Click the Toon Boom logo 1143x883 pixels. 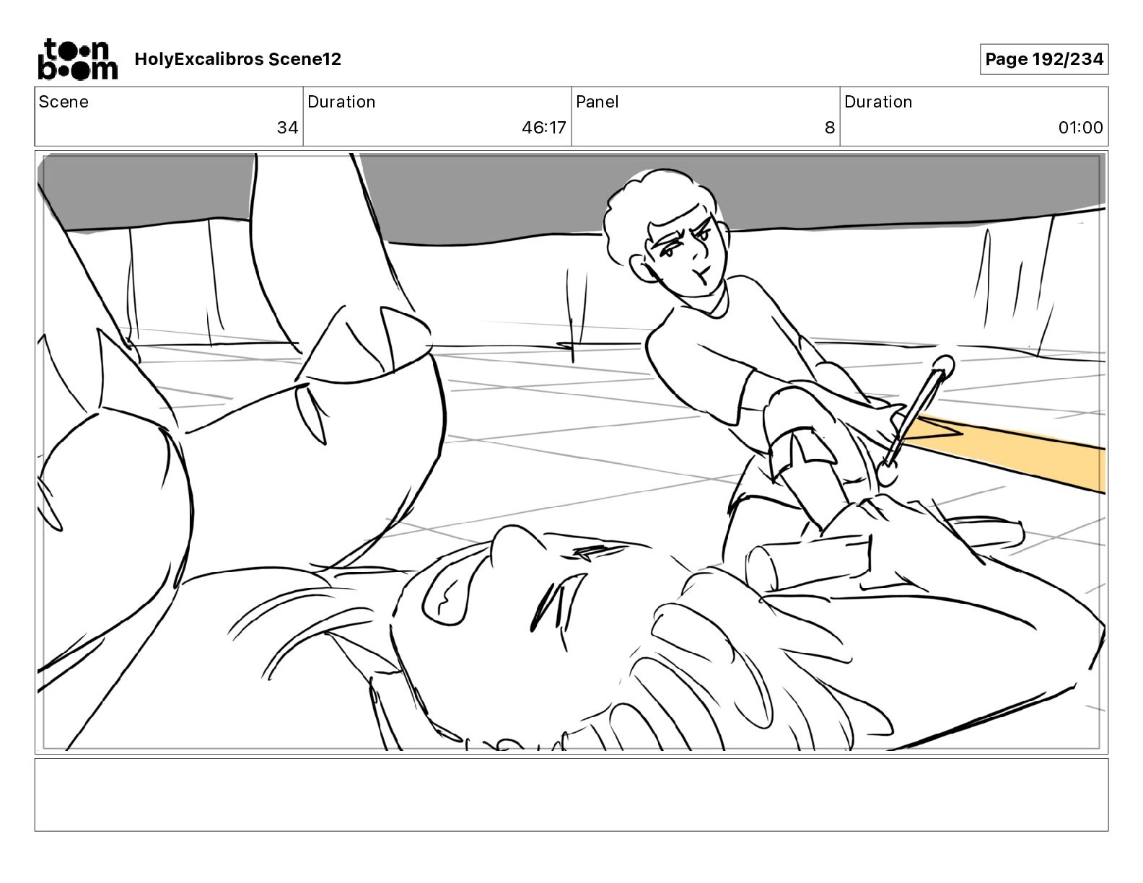(x=78, y=59)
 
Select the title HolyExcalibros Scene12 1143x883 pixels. (x=237, y=59)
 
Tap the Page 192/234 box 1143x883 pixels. (x=1043, y=59)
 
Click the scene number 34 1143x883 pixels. (x=287, y=127)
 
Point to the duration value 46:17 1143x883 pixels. (x=544, y=127)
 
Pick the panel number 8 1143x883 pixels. (x=830, y=127)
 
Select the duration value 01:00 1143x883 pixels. (x=1080, y=127)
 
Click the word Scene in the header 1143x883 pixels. (x=63, y=102)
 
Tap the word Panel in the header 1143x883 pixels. (x=597, y=102)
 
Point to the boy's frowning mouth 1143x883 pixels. (x=699, y=274)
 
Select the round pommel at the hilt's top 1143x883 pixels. (x=943, y=366)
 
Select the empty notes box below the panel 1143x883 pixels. (x=571, y=795)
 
